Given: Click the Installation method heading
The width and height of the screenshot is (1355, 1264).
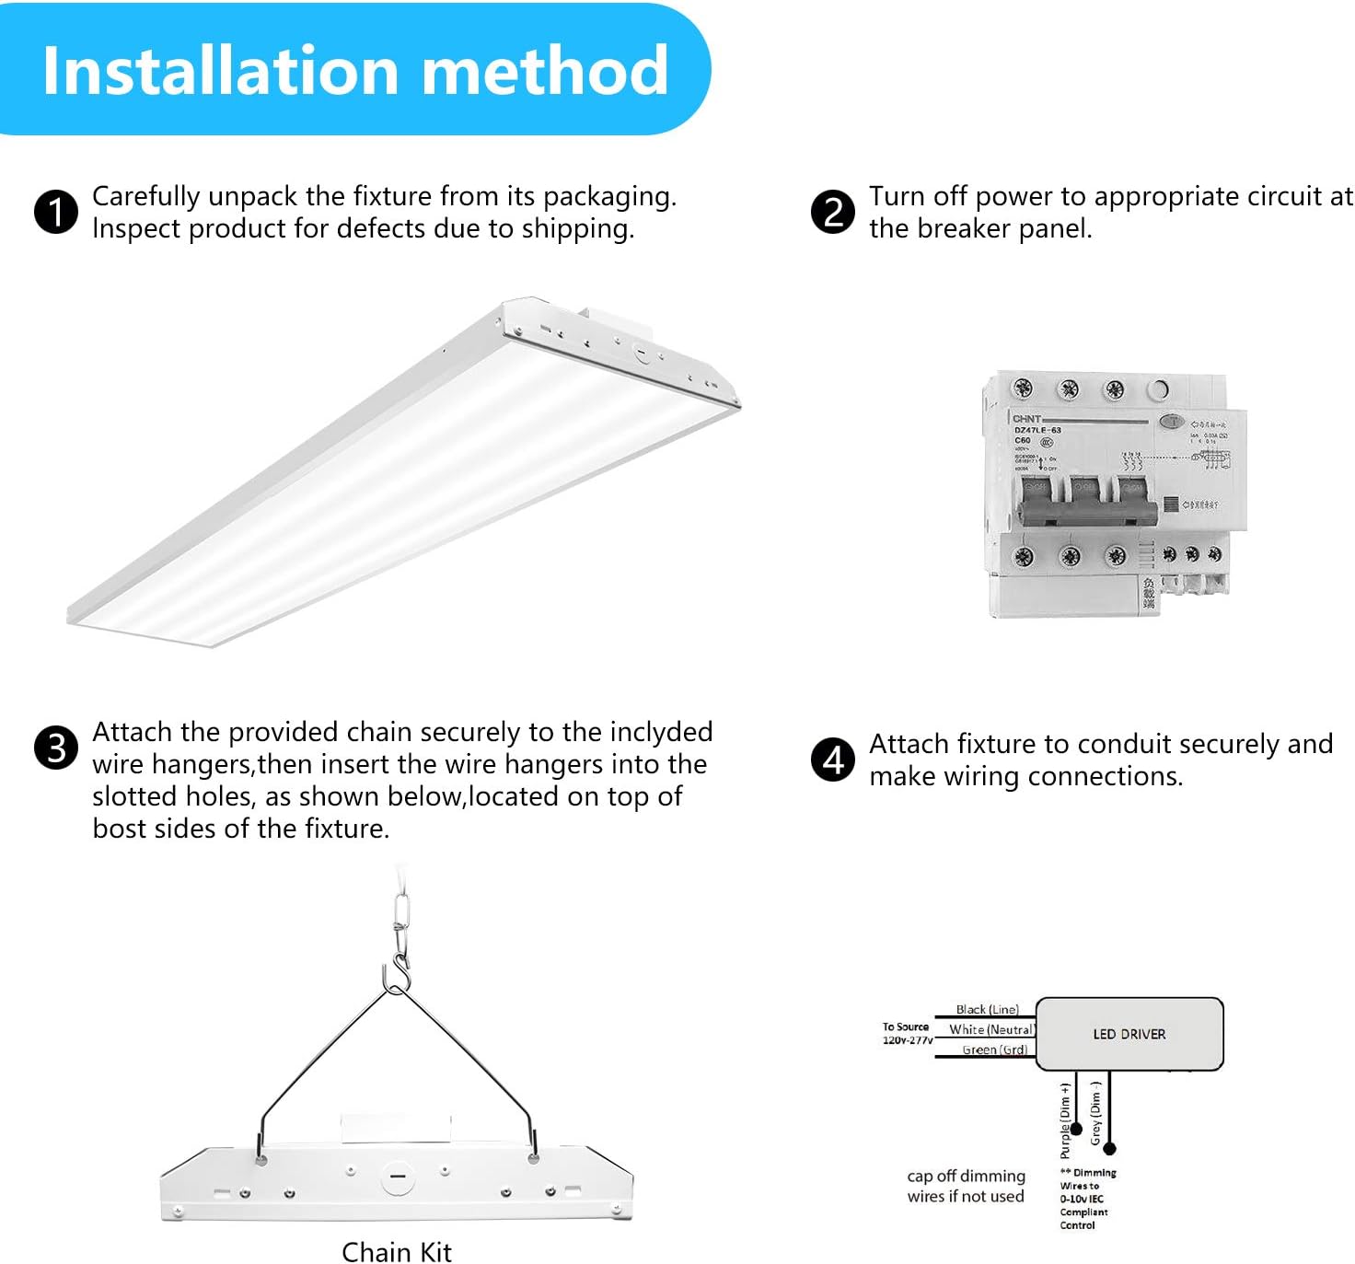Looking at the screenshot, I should [x=355, y=71].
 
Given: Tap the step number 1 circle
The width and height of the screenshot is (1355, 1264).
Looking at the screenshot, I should [x=56, y=213].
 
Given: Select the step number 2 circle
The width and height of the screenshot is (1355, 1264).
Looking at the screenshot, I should [x=832, y=213].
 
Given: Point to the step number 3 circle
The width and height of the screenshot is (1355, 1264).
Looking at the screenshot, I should [x=56, y=748].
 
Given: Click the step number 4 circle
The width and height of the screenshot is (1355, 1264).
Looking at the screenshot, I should [x=832, y=760].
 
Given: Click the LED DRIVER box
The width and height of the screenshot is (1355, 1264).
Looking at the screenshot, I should [x=1129, y=1034].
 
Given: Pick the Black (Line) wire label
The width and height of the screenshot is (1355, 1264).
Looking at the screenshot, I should [x=987, y=1009].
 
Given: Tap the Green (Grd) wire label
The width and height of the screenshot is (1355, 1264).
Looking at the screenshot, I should [x=994, y=1049].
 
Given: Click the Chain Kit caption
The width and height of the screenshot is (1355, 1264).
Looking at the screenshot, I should [x=397, y=1252].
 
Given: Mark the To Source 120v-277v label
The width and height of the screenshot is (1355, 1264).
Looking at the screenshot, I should [x=907, y=1033].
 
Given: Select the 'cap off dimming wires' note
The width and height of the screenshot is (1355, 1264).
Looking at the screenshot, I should [x=966, y=1186].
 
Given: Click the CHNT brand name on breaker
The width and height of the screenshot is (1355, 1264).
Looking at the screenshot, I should [x=1026, y=419].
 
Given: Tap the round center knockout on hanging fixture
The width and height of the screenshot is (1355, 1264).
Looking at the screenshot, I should [x=398, y=1177].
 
